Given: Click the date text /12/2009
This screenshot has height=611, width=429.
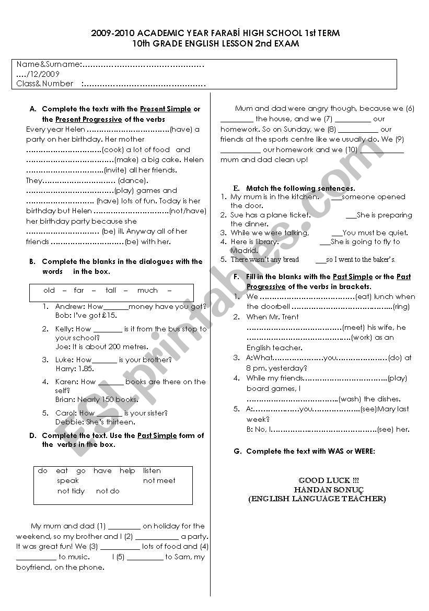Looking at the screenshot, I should pyautogui.click(x=43, y=74).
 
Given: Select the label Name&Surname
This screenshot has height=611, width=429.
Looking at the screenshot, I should pyautogui.click(x=49, y=64).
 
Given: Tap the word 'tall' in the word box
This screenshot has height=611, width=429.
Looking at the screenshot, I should pyautogui.click(x=111, y=290).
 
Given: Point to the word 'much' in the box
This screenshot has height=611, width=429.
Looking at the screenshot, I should pyautogui.click(x=147, y=290).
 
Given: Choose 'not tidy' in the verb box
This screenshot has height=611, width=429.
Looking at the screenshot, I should pyautogui.click(x=71, y=491).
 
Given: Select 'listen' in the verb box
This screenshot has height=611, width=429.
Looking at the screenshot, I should pyautogui.click(x=152, y=470).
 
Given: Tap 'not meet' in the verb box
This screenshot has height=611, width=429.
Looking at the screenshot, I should pyautogui.click(x=159, y=480).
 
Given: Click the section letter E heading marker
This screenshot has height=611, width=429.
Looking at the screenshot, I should pyautogui.click(x=236, y=188).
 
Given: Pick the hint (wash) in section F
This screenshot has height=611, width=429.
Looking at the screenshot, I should pyautogui.click(x=350, y=399).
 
